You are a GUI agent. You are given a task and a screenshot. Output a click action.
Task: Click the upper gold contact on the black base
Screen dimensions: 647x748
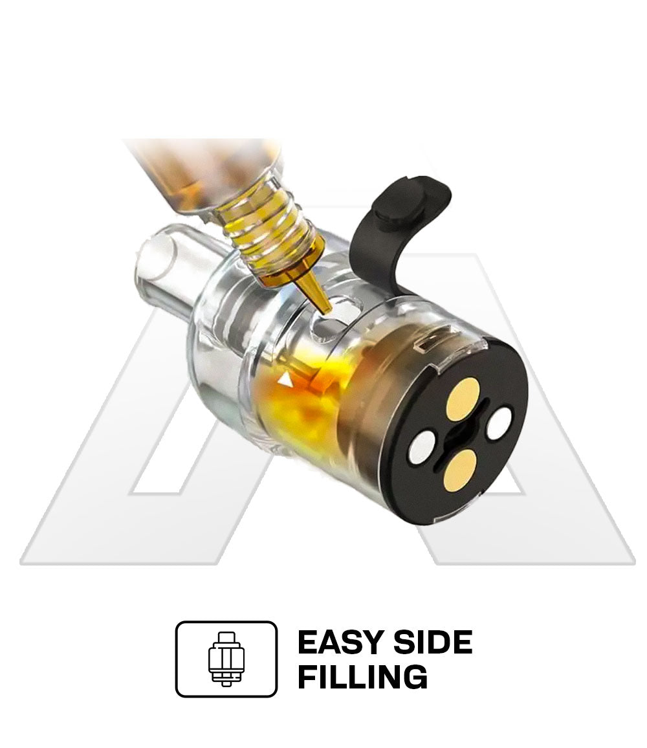(463, 399)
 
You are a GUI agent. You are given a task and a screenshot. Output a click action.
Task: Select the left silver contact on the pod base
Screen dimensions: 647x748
(422, 446)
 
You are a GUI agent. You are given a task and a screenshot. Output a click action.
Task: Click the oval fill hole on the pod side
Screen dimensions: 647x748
(336, 315)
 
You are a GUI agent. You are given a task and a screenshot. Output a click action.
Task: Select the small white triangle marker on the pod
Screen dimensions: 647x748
(286, 380)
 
